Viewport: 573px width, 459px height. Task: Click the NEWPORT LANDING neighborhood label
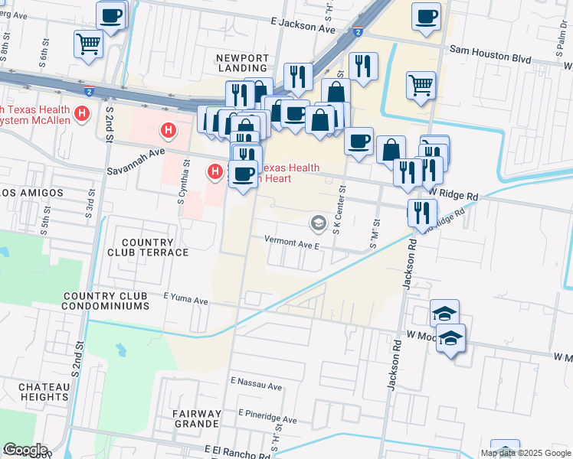click(x=242, y=63)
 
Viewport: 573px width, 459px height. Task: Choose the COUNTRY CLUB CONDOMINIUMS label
click(x=106, y=301)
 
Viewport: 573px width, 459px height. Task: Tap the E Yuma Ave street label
click(x=186, y=301)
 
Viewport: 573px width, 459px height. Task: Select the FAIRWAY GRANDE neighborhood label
click(x=197, y=419)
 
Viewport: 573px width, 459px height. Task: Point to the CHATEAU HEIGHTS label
click(x=34, y=392)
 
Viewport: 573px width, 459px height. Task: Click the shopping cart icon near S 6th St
click(x=89, y=44)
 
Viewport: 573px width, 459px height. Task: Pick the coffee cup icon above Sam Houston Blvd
click(x=426, y=15)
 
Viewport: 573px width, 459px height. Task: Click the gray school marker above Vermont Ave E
click(x=318, y=223)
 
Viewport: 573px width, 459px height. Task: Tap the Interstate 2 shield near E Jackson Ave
click(x=358, y=31)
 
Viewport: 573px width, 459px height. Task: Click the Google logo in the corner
click(x=25, y=450)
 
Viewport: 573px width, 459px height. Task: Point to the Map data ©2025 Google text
click(x=525, y=453)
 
